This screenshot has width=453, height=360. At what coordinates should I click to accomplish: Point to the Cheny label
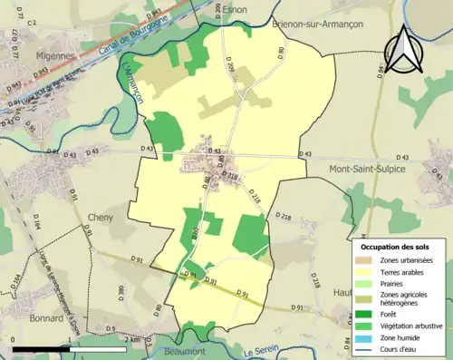coord(100,218)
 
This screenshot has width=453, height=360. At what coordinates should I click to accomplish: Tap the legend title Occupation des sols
coord(398,246)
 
